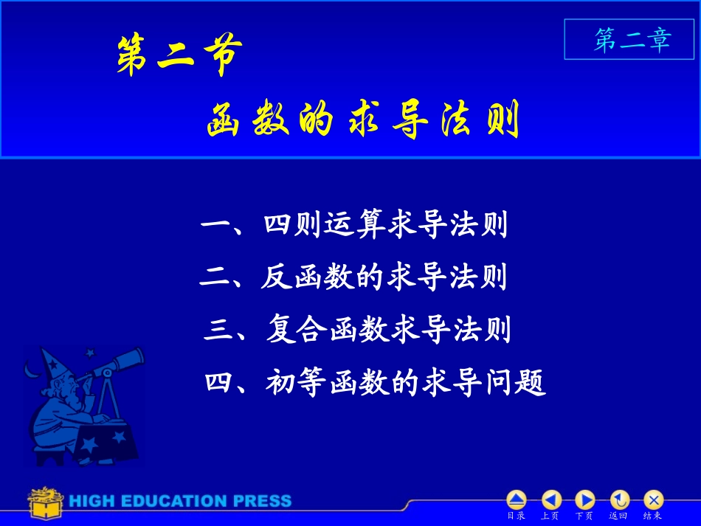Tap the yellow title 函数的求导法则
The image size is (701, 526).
click(x=363, y=120)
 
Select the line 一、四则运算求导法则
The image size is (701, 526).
click(x=354, y=225)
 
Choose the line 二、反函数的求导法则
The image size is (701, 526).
click(x=353, y=277)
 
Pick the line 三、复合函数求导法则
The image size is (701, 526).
click(x=357, y=330)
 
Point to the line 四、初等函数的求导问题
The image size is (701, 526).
click(x=375, y=382)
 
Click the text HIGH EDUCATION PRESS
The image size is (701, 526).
click(x=181, y=502)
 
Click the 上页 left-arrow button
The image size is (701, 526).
click(x=551, y=500)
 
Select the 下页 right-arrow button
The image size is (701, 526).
click(x=584, y=500)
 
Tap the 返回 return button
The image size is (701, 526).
click(x=619, y=500)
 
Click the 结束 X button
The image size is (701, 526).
click(x=653, y=500)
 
